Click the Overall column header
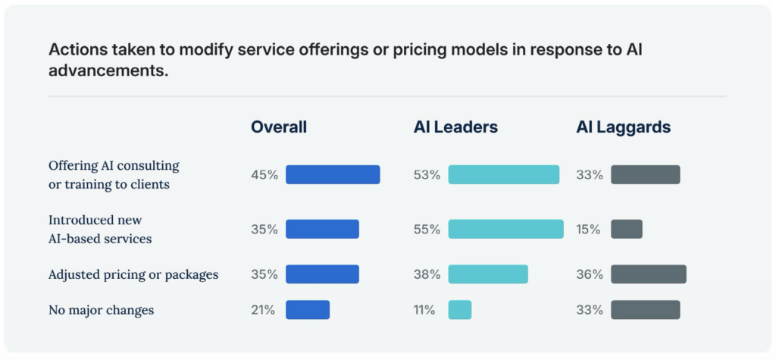point(279,127)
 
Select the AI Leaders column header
point(455,127)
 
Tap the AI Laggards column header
point(623,127)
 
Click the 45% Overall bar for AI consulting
point(333,175)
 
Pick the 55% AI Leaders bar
point(505,230)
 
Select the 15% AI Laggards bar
point(627,230)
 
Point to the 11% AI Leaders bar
point(460,310)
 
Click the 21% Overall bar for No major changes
point(308,310)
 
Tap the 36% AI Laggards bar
point(649,274)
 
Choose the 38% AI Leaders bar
point(488,274)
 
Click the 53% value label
point(427,175)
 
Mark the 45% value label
point(264,175)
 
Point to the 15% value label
point(590,230)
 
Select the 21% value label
point(264,310)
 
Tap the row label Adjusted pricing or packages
point(133,274)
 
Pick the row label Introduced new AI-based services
point(100,230)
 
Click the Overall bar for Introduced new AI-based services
point(322,230)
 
